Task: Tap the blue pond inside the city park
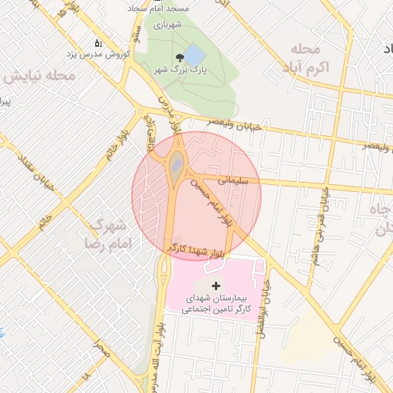click(x=194, y=54)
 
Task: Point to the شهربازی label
click(x=166, y=25)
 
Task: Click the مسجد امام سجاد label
click(x=163, y=6)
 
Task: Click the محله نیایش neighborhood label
click(x=38, y=77)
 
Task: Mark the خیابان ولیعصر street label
click(x=237, y=124)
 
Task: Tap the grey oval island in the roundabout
click(x=177, y=163)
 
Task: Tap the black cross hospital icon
click(x=214, y=286)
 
